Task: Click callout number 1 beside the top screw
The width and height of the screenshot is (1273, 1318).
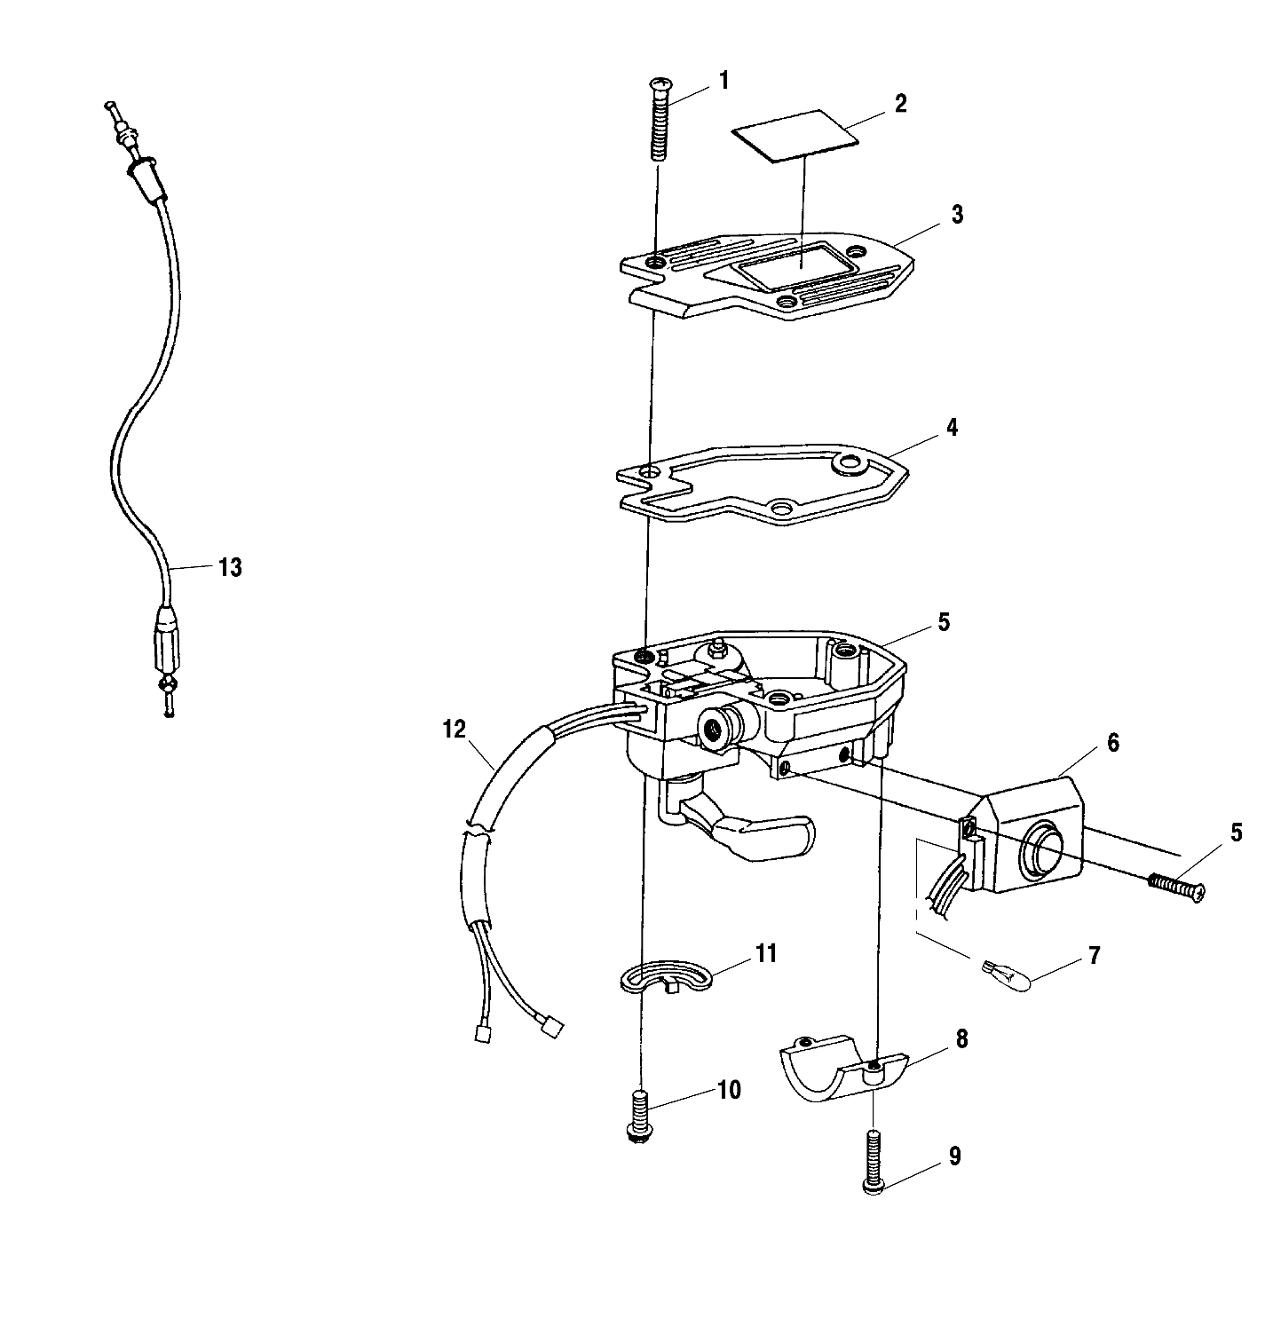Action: [723, 82]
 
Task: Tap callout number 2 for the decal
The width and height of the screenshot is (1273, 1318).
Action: [901, 104]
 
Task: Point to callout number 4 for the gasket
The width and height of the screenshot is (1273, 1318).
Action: [953, 428]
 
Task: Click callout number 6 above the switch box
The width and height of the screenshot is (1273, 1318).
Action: [1112, 744]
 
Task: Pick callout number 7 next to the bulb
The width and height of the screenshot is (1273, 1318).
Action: [1094, 956]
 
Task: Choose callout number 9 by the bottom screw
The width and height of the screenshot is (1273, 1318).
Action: [954, 1156]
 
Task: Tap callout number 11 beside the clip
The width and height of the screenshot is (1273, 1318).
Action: [765, 953]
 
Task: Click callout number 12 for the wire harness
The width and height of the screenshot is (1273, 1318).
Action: [454, 730]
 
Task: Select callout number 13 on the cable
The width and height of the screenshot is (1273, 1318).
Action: [229, 567]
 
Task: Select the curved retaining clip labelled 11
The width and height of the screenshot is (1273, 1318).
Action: [665, 975]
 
